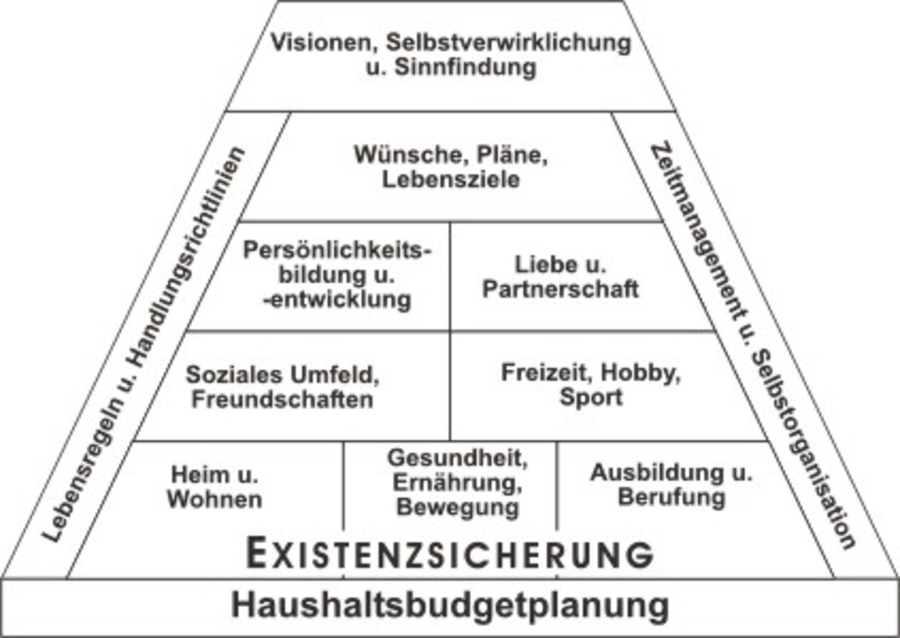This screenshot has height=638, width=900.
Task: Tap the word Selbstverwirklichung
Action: (509, 42)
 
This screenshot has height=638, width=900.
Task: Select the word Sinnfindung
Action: (465, 67)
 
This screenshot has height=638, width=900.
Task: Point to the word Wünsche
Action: (411, 155)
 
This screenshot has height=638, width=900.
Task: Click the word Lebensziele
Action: (451, 179)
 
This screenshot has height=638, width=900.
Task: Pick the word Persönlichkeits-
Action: (337, 250)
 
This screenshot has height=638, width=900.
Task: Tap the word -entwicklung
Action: (337, 300)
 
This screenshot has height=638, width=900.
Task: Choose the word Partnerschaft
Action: (560, 289)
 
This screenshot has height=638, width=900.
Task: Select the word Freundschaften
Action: (283, 399)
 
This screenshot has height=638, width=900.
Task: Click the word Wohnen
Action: (215, 500)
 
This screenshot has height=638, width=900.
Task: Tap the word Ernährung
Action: (458, 483)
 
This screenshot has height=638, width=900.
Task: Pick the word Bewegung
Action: (458, 507)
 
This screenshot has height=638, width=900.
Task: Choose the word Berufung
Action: (671, 498)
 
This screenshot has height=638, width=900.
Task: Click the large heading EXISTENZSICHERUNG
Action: (450, 553)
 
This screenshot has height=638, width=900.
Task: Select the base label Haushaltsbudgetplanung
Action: (450, 605)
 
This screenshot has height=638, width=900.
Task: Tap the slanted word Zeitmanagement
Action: (698, 233)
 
